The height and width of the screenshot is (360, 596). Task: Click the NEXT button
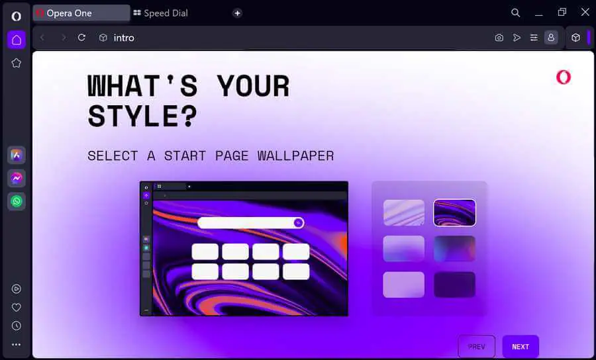tap(521, 346)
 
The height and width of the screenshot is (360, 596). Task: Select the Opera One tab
tap(81, 13)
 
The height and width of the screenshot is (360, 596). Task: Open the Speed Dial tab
tap(160, 13)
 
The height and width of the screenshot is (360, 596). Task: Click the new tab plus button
tap(237, 13)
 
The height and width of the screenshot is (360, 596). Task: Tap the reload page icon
tap(81, 38)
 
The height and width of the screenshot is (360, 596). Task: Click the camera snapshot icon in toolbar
tap(499, 38)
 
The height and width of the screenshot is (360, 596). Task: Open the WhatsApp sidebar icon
tap(17, 201)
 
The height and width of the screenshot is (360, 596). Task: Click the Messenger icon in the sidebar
tap(17, 178)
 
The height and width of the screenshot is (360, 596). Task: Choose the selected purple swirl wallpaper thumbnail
tap(454, 212)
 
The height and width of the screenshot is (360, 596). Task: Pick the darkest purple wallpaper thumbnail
tap(454, 285)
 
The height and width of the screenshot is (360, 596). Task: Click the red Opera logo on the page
tap(564, 77)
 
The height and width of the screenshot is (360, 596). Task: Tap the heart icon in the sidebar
tap(17, 307)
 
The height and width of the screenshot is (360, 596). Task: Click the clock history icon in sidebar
tap(17, 326)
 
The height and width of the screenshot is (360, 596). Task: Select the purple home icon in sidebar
tap(17, 40)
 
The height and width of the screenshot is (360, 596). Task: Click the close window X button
tap(585, 12)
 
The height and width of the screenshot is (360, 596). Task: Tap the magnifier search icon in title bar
tap(515, 13)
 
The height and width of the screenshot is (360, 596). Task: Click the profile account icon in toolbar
tap(551, 38)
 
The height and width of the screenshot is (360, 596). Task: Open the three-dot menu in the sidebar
tap(17, 344)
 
